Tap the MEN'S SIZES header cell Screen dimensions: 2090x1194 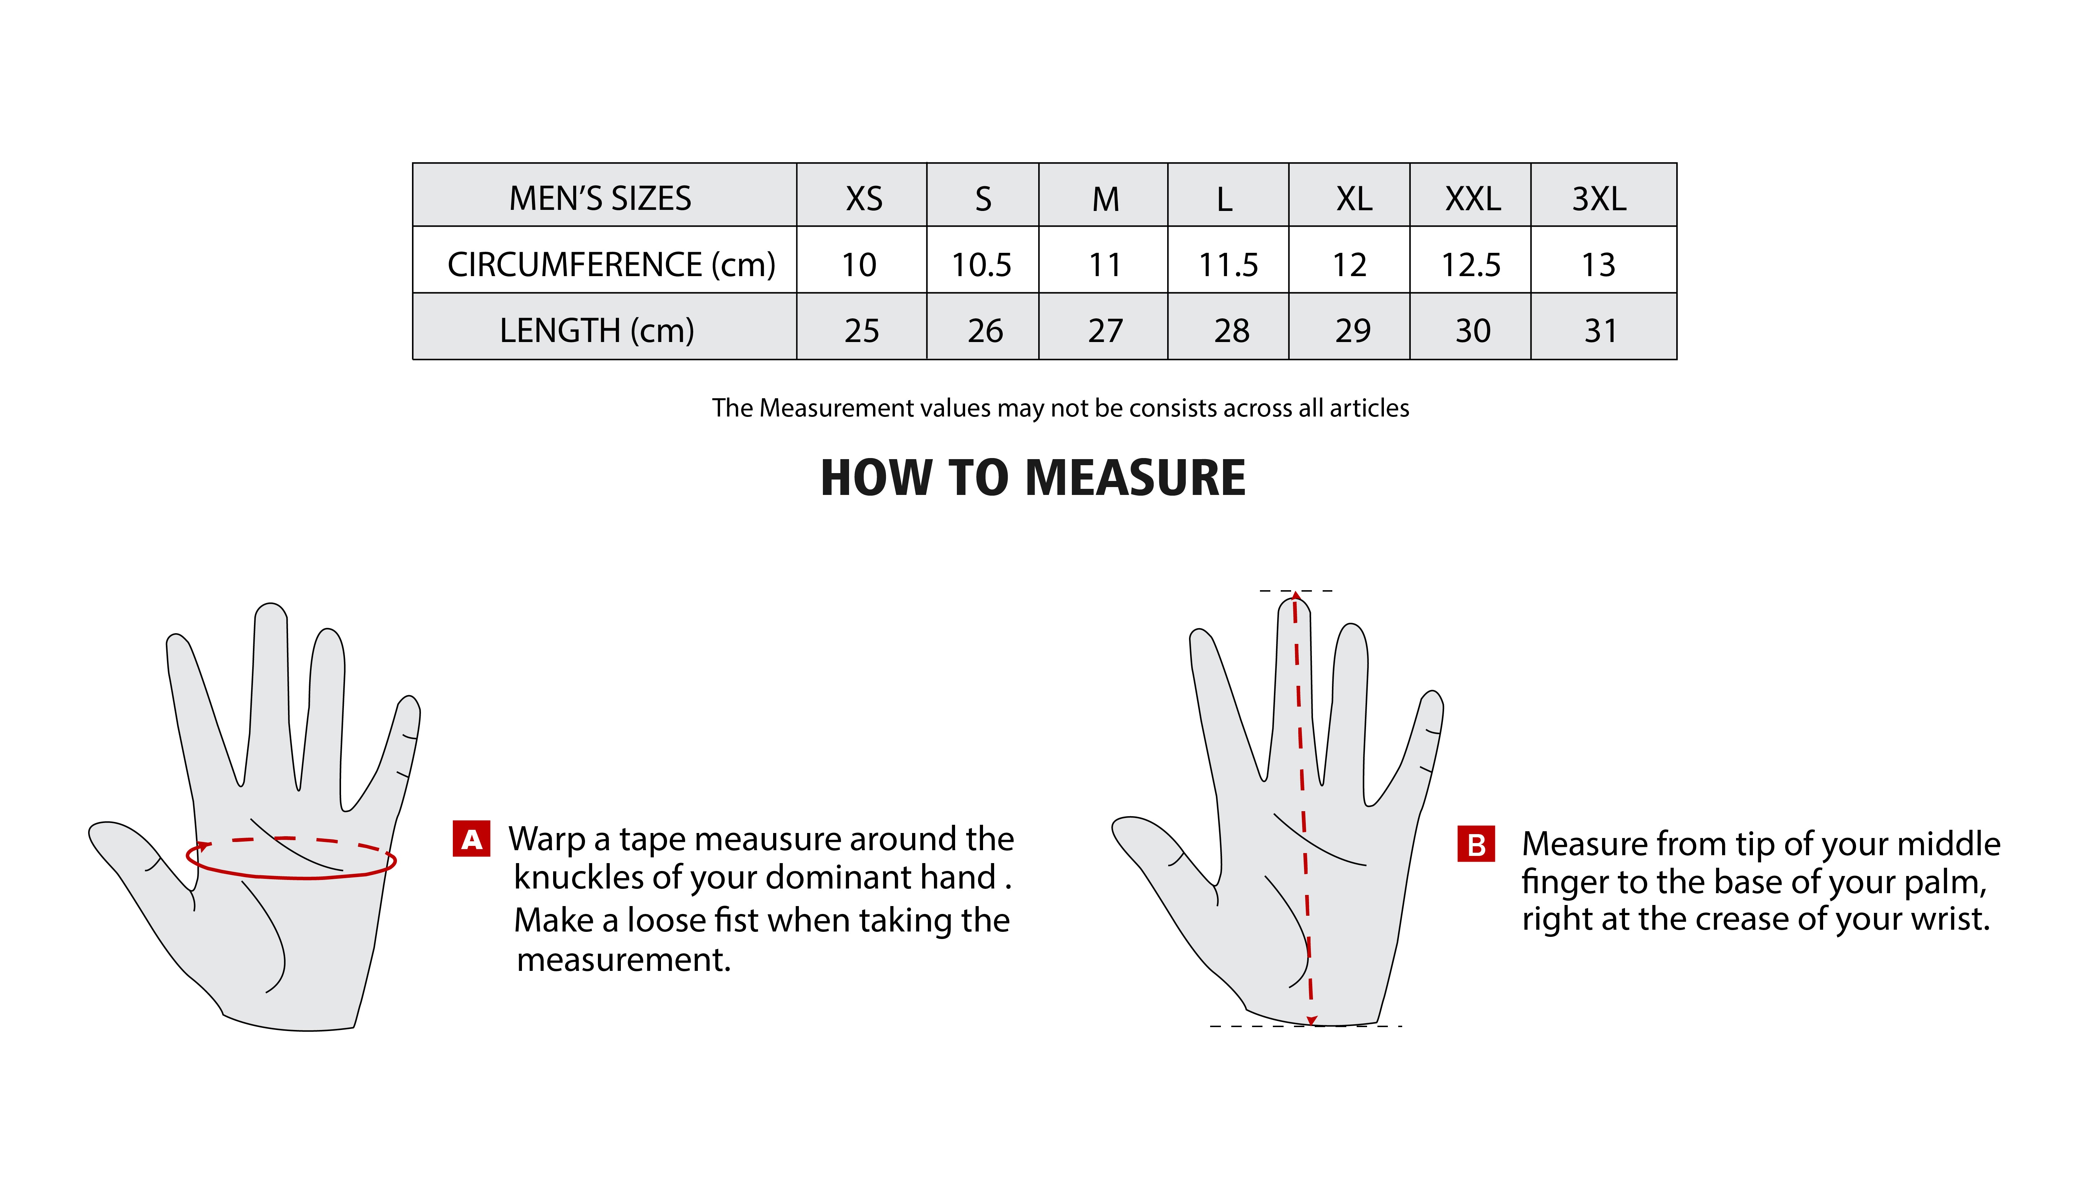[600, 198]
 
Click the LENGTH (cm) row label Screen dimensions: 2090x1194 [597, 331]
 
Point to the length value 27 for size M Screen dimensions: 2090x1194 [1106, 331]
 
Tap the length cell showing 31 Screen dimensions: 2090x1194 [1600, 331]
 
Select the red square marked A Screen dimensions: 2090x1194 [472, 839]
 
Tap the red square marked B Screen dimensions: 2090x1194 [1476, 844]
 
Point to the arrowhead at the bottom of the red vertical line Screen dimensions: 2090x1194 [1312, 1020]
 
